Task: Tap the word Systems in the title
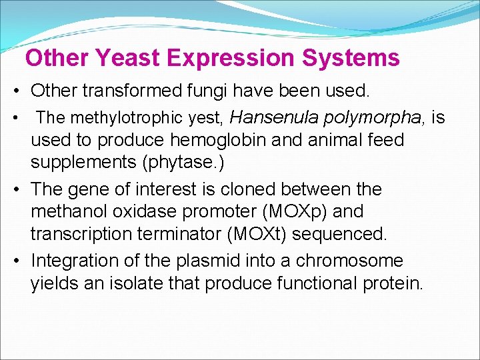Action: coord(351,58)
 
